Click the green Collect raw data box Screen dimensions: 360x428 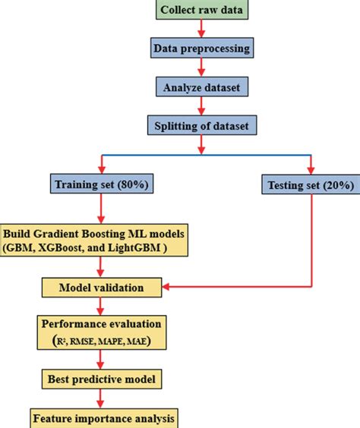pyautogui.click(x=202, y=10)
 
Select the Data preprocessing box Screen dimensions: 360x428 pyautogui.click(x=202, y=48)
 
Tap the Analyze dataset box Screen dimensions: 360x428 pyautogui.click(x=202, y=87)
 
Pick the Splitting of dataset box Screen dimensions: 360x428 pyautogui.click(x=202, y=125)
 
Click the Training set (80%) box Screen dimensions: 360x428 pyautogui.click(x=102, y=184)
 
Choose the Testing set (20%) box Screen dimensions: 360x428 pyautogui.click(x=311, y=184)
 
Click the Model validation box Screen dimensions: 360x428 pyautogui.click(x=102, y=288)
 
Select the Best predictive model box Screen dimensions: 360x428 pyautogui.click(x=102, y=379)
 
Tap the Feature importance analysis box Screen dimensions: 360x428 pyautogui.click(x=104, y=418)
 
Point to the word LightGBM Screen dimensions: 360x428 pyautogui.click(x=134, y=247)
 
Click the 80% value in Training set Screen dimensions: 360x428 pyautogui.click(x=133, y=184)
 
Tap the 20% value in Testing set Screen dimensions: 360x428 pyautogui.click(x=339, y=185)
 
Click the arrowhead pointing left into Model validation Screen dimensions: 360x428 pyautogui.click(x=166, y=287)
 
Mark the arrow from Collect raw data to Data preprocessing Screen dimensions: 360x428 pyautogui.click(x=201, y=28)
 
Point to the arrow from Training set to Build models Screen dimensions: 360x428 pyautogui.click(x=101, y=209)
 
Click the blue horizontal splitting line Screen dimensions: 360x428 pyautogui.click(x=207, y=155)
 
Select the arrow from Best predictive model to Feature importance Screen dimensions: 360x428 pyautogui.click(x=100, y=398)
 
